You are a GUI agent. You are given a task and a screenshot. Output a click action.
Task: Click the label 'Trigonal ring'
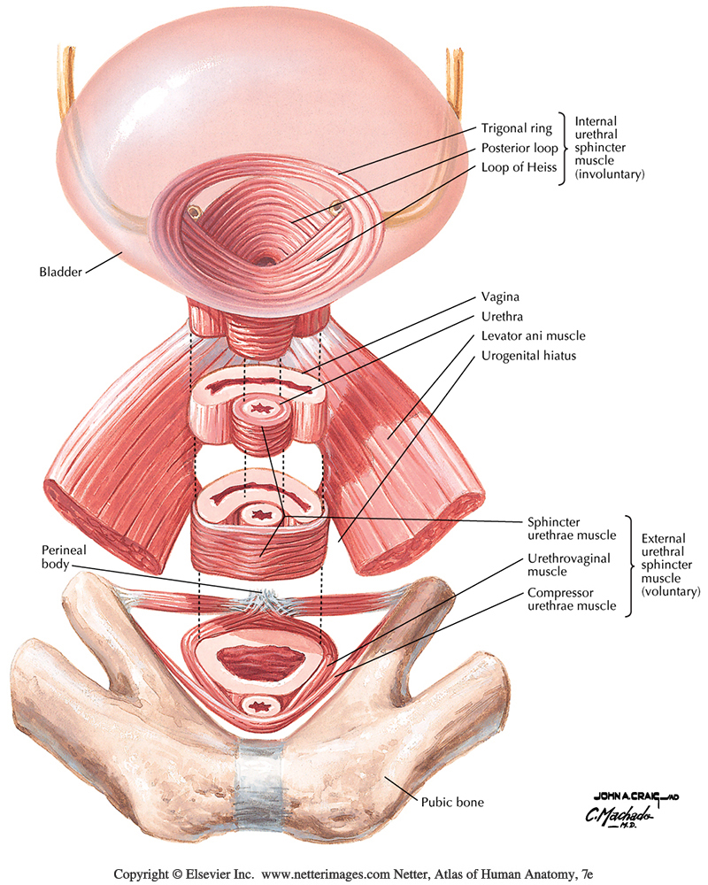point(516,127)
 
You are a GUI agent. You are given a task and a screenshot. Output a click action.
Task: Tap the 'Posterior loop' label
point(519,148)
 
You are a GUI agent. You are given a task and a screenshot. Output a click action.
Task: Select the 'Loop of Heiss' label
point(518,167)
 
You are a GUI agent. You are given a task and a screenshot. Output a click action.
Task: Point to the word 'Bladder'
point(60,272)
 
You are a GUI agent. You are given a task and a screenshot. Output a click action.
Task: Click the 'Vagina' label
point(501,298)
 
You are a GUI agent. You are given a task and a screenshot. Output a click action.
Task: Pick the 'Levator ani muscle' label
point(534,336)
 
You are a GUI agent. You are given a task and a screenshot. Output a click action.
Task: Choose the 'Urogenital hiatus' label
point(528,357)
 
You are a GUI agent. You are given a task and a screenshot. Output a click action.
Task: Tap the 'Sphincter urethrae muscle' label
point(565,528)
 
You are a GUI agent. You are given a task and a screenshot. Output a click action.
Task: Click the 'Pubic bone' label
point(451,804)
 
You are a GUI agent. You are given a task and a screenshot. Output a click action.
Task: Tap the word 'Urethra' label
point(503,318)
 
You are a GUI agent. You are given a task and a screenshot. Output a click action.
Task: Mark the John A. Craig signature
point(623,794)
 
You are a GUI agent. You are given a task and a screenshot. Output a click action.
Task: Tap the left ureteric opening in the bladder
point(192,212)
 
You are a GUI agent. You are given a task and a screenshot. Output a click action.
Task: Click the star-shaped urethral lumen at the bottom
point(260,706)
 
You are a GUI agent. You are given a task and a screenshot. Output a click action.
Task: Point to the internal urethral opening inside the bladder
point(266,259)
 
